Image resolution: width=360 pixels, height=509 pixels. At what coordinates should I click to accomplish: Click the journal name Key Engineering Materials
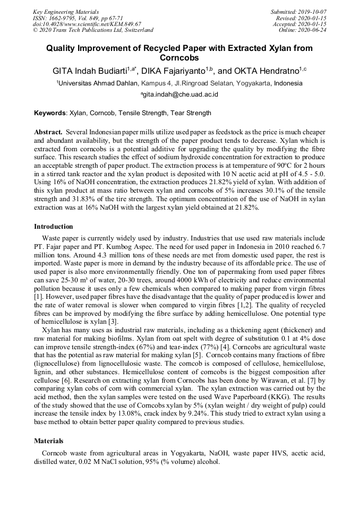[65, 12]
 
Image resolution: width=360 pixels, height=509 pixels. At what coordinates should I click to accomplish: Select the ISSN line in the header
[78, 18]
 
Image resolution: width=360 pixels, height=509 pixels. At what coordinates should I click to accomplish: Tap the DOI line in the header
[87, 24]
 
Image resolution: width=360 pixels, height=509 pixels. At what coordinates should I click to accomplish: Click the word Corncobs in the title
[179, 58]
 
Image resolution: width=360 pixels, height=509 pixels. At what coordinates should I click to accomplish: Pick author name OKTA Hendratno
[267, 71]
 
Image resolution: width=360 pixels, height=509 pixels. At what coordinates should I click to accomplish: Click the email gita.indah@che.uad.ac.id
[181, 95]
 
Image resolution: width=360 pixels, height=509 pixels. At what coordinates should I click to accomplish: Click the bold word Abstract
[48, 131]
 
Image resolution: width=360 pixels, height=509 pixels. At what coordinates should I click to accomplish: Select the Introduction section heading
[54, 227]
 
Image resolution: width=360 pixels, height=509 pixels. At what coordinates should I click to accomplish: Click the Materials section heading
[48, 441]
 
